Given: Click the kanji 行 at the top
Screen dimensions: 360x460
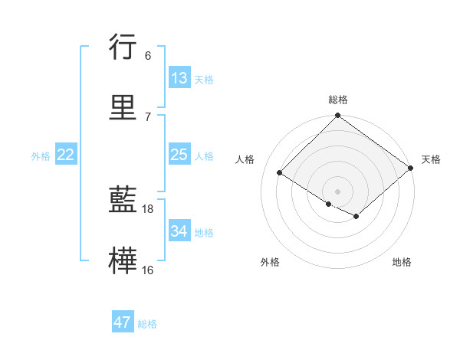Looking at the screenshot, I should click(123, 47).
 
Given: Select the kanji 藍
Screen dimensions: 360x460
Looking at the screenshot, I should click(123, 201).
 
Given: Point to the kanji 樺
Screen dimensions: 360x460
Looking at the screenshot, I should click(123, 260).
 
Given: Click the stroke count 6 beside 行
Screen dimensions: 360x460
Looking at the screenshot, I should click(148, 55).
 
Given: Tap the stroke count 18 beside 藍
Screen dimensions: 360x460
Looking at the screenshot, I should click(149, 209).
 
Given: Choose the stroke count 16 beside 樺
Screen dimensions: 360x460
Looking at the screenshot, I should click(148, 270).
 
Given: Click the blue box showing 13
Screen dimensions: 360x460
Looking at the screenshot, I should click(179, 78).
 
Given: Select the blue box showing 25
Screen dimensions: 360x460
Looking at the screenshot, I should click(179, 155).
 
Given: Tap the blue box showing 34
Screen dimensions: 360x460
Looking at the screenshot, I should click(179, 231).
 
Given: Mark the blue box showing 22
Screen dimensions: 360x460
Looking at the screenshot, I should click(66, 155).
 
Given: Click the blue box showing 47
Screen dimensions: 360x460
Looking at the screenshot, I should click(123, 322).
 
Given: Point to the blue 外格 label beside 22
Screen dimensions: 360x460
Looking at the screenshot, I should click(41, 156).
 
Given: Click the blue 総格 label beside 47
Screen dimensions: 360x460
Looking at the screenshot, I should click(147, 324).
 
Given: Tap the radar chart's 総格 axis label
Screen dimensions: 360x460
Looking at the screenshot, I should click(338, 100).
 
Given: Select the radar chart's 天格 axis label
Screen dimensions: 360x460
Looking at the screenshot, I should click(431, 159).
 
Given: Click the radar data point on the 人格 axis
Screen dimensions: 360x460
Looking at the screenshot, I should click(280, 173).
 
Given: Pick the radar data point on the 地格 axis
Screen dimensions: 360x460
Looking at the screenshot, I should click(356, 217).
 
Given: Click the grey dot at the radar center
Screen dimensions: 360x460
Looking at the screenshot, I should click(338, 191).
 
